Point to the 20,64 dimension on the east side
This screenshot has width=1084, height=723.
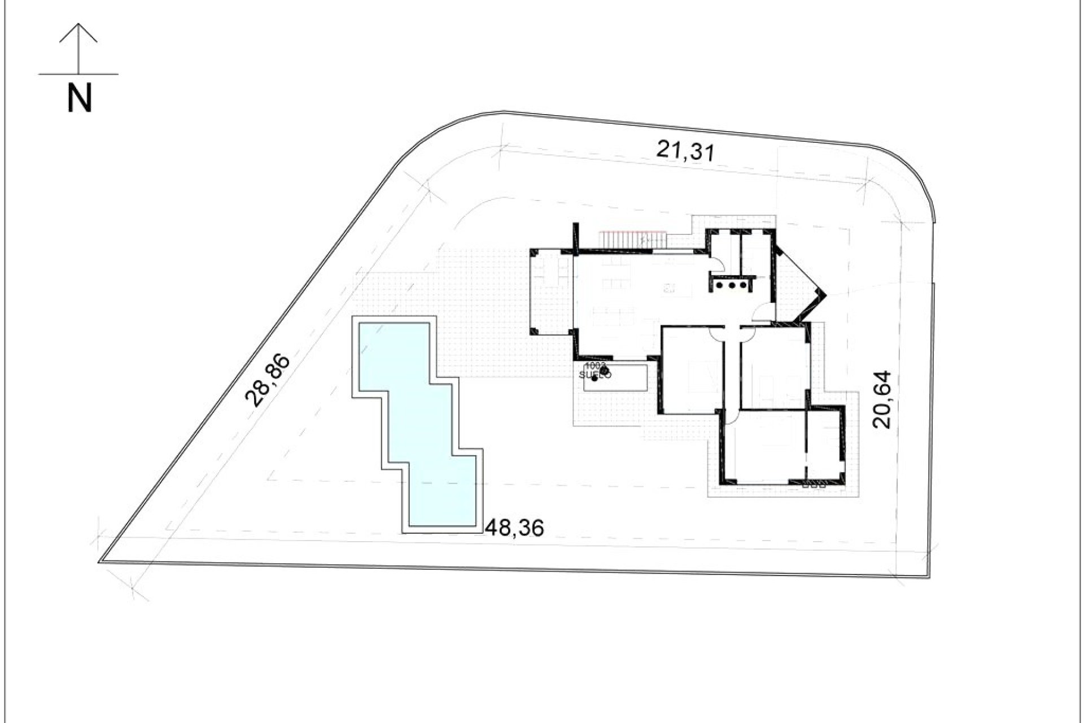(881, 399)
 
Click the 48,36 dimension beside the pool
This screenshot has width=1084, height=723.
(514, 528)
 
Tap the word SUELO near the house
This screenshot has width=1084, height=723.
(595, 374)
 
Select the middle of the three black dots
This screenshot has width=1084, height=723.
(732, 286)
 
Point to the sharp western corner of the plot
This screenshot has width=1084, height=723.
(100, 561)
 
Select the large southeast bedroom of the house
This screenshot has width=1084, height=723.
(765, 446)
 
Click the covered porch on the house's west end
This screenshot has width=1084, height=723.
(552, 294)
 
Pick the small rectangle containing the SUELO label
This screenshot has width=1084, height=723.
(615, 377)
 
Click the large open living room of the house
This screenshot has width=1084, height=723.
(638, 299)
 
